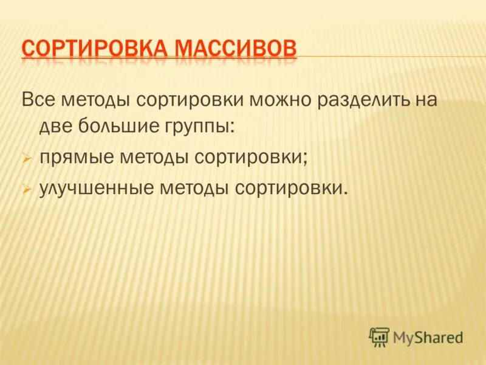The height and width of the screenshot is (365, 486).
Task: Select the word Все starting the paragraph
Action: click(x=36, y=99)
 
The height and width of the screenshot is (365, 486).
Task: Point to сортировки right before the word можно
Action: click(x=191, y=99)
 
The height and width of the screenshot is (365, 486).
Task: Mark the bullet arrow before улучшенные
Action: click(x=26, y=190)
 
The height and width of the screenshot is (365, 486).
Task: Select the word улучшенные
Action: click(x=97, y=189)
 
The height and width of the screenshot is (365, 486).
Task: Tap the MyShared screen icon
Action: click(x=379, y=336)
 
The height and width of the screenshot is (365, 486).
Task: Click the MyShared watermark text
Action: click(x=428, y=336)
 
